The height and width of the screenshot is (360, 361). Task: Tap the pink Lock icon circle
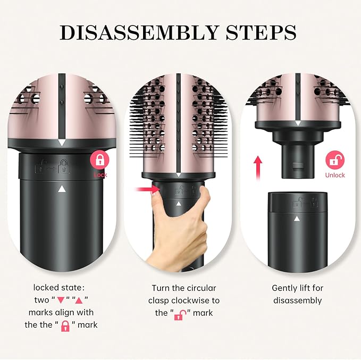click(100, 161)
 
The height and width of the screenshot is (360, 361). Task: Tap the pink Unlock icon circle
click(335, 161)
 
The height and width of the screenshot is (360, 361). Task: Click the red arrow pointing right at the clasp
click(145, 188)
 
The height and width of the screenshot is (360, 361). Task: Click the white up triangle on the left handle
click(63, 189)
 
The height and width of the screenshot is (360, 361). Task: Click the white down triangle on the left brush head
click(63, 143)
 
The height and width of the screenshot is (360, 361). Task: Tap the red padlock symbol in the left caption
click(66, 325)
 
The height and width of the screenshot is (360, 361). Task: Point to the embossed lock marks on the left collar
click(53, 165)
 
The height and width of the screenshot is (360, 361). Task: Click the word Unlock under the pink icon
click(335, 175)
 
